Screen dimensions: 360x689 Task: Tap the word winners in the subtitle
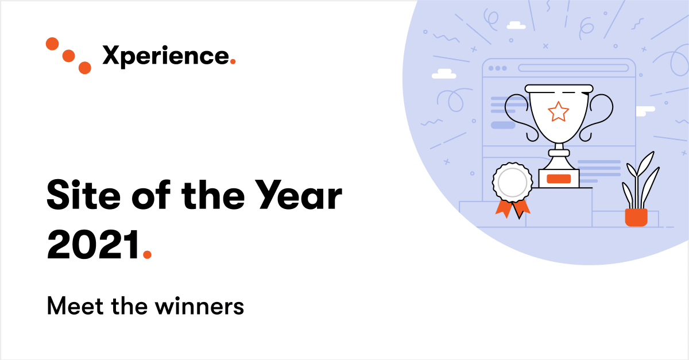pyautogui.click(x=199, y=306)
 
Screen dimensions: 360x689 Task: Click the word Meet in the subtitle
pyautogui.click(x=71, y=306)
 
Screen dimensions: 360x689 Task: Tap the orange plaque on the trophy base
pyautogui.click(x=558, y=179)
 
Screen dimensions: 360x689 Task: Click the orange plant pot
pyautogui.click(x=636, y=217)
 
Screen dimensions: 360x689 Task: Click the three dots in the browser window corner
pyautogui.click(x=497, y=68)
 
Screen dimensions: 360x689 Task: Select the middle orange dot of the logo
pyautogui.click(x=68, y=56)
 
